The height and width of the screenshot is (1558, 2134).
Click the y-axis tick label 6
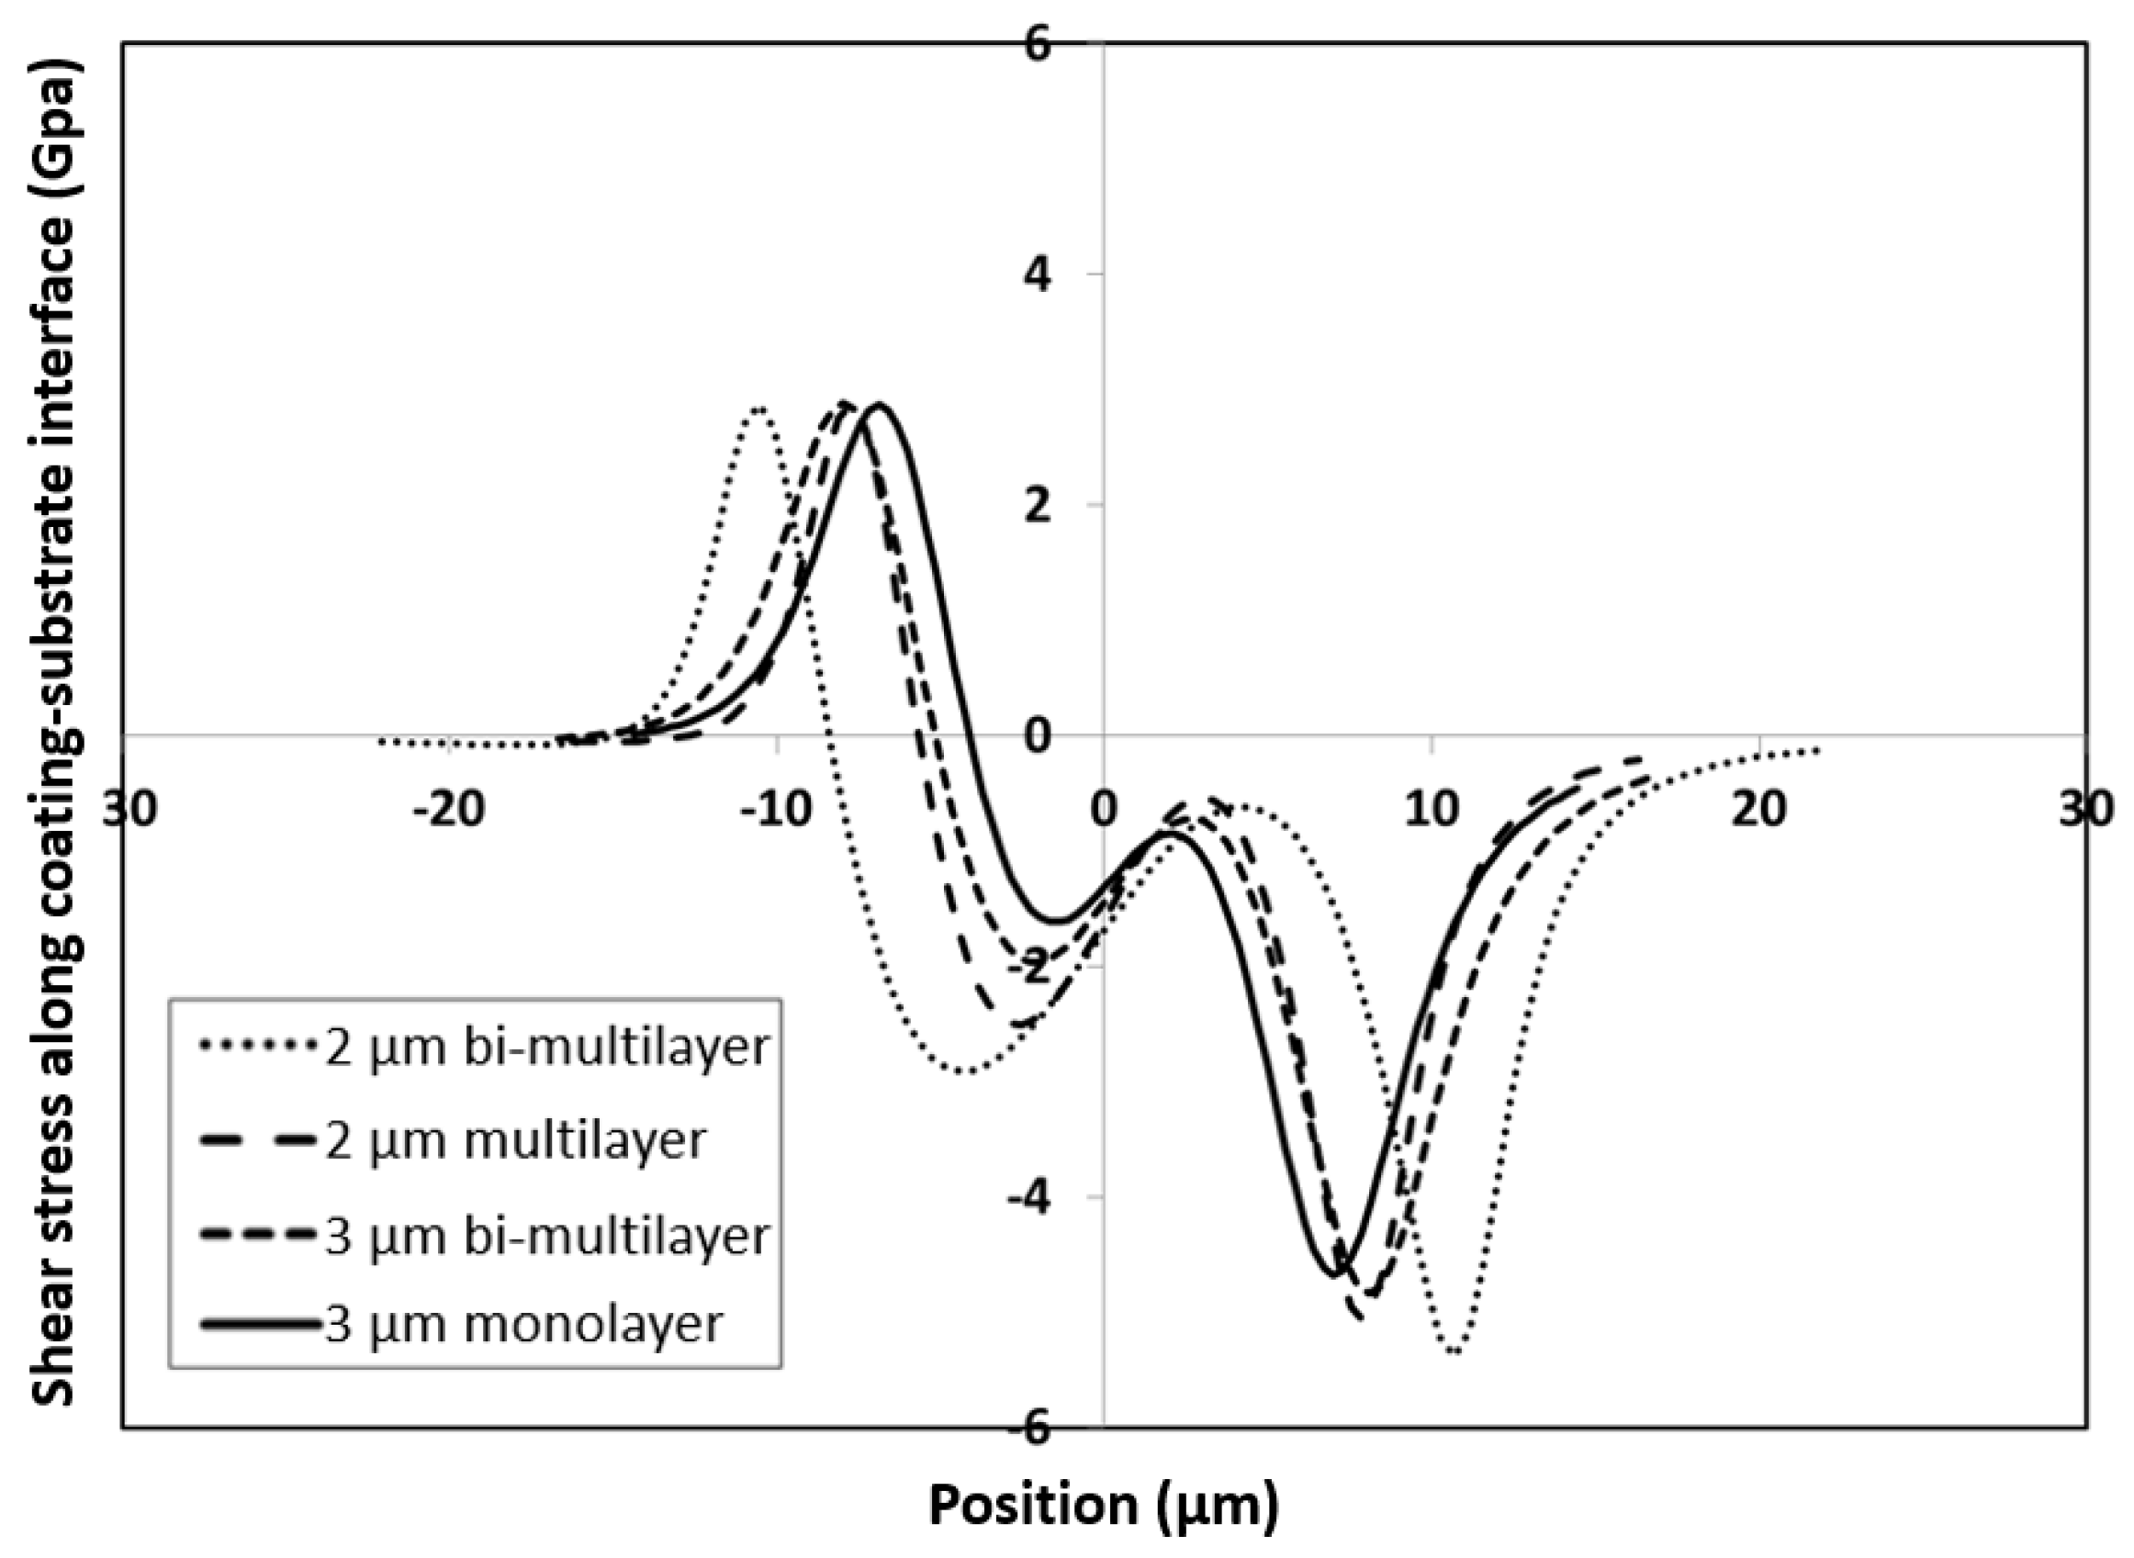tap(1038, 44)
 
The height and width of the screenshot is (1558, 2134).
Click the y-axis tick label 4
tap(1038, 275)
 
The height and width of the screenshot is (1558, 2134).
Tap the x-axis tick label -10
tap(775, 810)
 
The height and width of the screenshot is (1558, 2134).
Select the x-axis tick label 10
tap(1432, 810)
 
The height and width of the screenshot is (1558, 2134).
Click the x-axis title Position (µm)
tap(1104, 1504)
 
